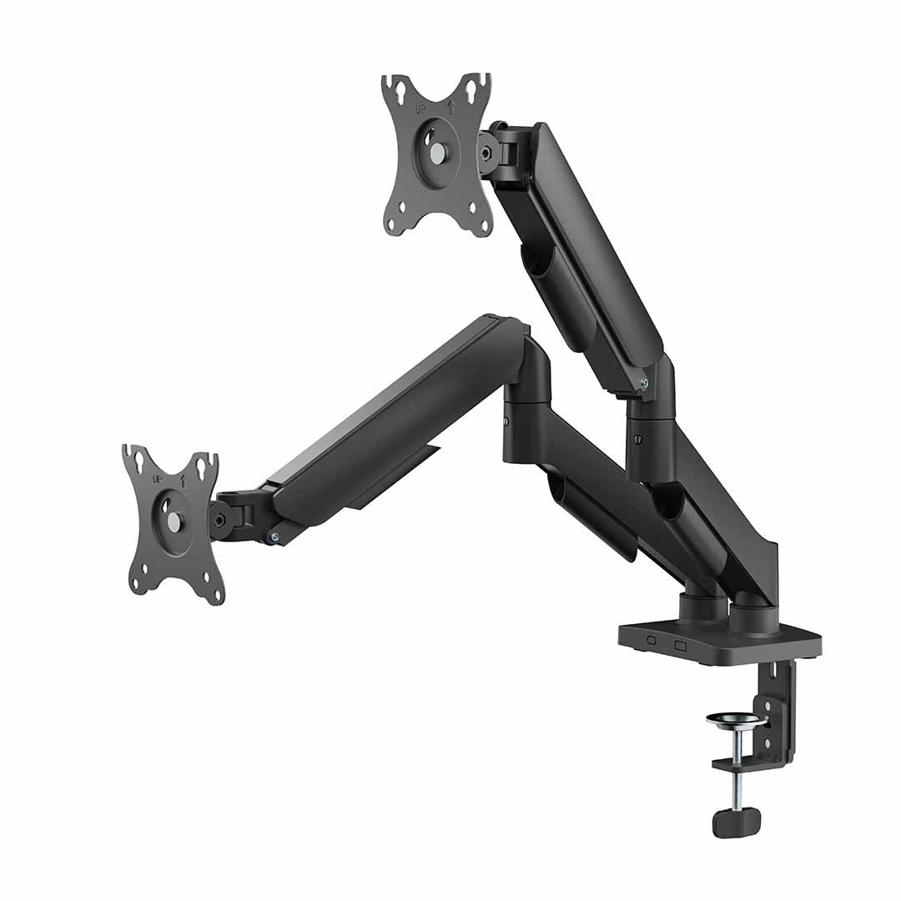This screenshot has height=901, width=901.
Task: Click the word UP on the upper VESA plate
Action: coord(422,108)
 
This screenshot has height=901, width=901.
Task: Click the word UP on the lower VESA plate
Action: coord(157,478)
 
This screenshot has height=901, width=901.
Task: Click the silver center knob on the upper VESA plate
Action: coord(438,152)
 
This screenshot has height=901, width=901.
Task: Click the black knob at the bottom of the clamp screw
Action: coord(736,822)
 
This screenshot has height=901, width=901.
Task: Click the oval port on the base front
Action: coord(651,640)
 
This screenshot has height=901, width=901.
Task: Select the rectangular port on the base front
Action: coord(680,645)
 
